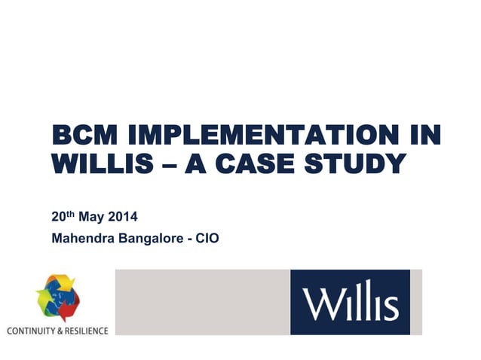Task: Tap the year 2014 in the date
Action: pyautogui.click(x=123, y=218)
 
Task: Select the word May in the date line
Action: pyautogui.click(x=90, y=218)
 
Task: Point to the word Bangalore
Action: pyautogui.click(x=152, y=239)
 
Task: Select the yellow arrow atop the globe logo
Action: pyautogui.click(x=63, y=282)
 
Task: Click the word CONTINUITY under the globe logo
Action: pyautogui.click(x=31, y=331)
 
